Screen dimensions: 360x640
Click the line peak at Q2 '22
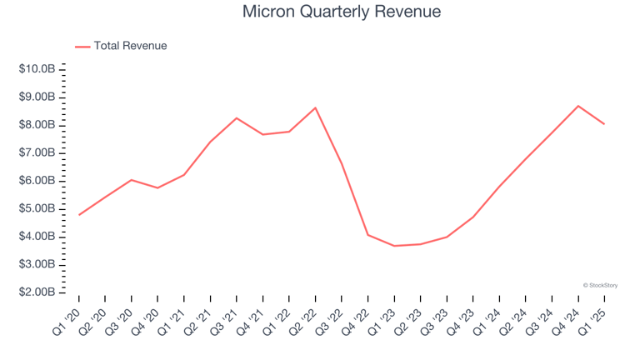pyautogui.click(x=316, y=107)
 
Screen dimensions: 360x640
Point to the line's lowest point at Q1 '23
pyautogui.click(x=394, y=246)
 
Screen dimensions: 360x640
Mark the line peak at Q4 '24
pyautogui.click(x=578, y=106)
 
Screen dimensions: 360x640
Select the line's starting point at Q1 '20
pyautogui.click(x=79, y=215)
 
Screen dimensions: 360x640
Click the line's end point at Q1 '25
pyautogui.click(x=604, y=124)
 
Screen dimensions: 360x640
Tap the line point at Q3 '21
pyautogui.click(x=237, y=118)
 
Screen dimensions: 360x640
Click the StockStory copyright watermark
pyautogui.click(x=600, y=285)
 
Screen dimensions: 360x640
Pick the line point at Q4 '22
pyautogui.click(x=368, y=235)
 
